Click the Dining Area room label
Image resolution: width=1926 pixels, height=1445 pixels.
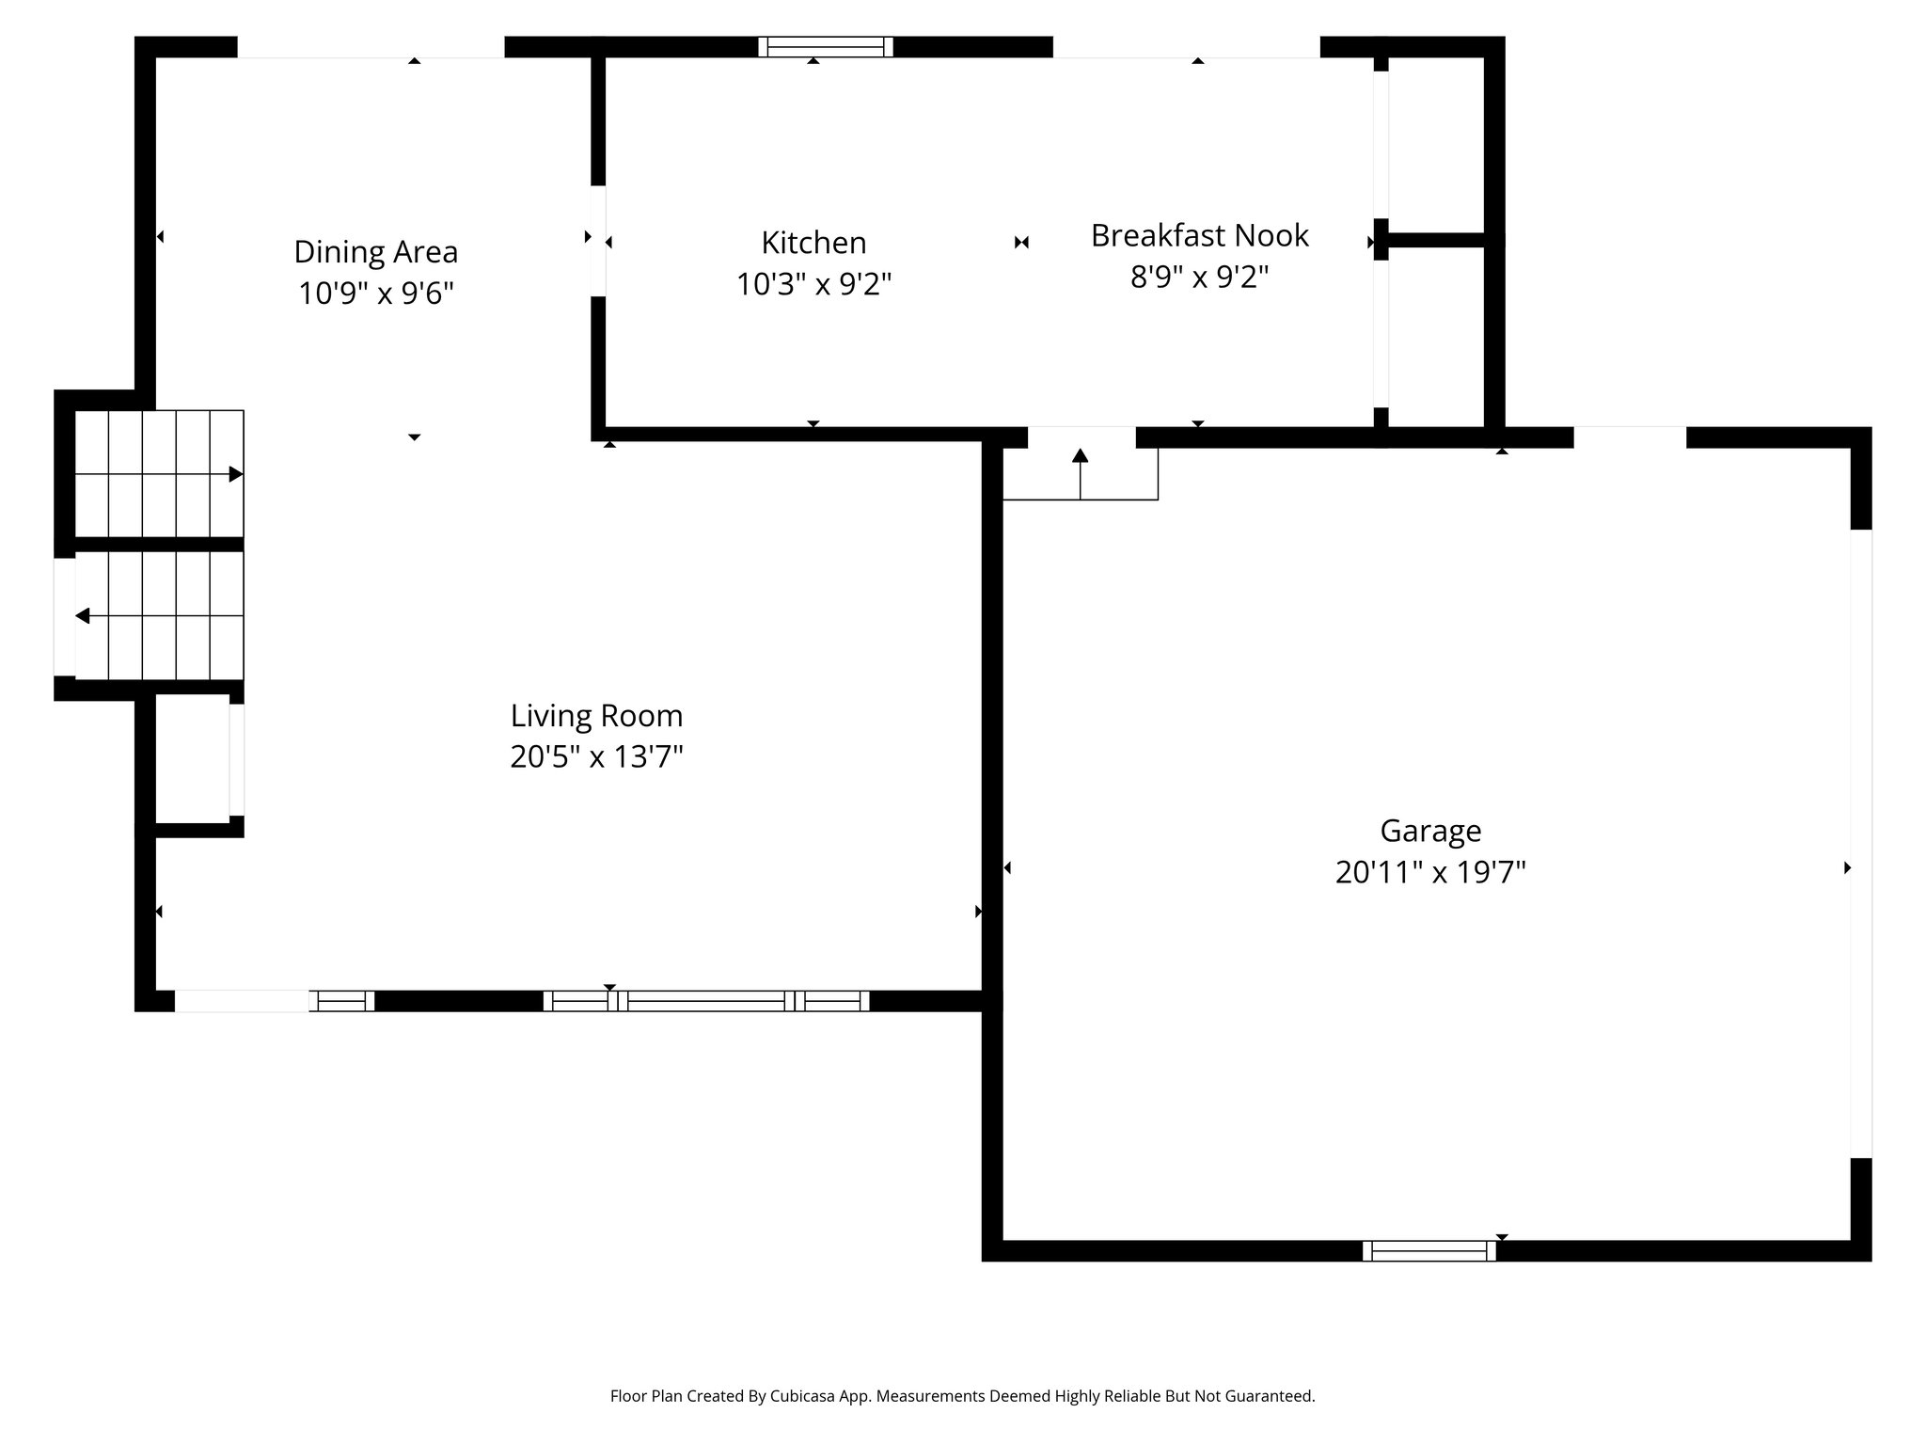pos(375,252)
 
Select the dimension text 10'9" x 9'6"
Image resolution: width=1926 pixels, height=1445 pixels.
pos(375,294)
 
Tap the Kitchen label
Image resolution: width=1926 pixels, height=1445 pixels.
pos(813,243)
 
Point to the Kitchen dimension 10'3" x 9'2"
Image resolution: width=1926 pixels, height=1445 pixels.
pos(813,283)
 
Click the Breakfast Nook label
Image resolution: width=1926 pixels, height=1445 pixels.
pos(1199,235)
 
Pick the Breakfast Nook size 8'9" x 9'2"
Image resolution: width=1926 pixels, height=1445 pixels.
pos(1199,277)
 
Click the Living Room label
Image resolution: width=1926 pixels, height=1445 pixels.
pos(596,716)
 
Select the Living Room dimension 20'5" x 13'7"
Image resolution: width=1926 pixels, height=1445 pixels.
pos(596,756)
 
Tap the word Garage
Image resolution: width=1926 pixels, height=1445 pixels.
pos(1430,831)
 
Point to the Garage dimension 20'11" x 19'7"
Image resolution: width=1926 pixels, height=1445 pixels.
pos(1430,872)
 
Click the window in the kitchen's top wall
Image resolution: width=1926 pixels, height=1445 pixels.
pos(826,47)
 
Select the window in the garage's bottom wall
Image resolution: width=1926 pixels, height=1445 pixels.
pos(1429,1251)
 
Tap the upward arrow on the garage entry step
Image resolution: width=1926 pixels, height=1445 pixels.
pos(1080,457)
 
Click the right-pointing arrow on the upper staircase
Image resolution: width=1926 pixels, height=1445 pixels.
pos(235,474)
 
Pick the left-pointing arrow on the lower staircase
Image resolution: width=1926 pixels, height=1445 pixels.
pos(83,616)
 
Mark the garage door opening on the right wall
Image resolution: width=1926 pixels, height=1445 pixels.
pos(1860,844)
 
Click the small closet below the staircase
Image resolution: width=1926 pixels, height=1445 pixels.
pos(192,759)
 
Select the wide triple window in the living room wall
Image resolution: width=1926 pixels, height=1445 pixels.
pos(705,1001)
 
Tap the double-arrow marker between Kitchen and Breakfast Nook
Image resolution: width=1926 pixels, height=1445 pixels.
pos(1021,243)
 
